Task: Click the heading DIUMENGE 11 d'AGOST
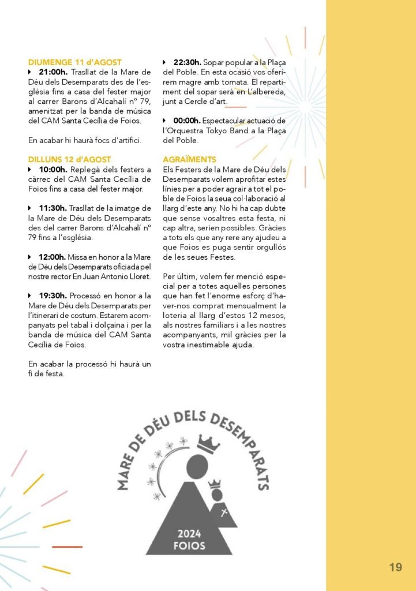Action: coord(74,62)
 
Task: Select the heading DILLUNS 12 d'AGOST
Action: coord(69,159)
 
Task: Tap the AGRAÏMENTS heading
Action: coord(190,159)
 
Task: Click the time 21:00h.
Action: coord(53,72)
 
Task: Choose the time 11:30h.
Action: coord(53,208)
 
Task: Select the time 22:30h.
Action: coord(188,62)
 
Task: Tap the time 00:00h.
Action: coord(187,121)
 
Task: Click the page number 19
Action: coord(395,567)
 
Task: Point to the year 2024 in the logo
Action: coord(189,533)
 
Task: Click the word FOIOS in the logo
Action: coord(189,545)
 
